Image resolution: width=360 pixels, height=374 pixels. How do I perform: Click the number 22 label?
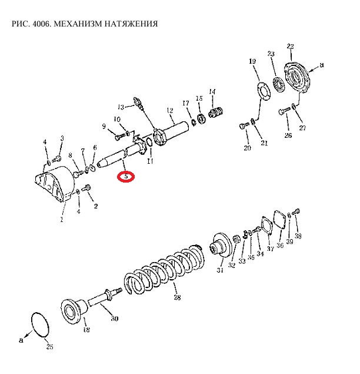290,47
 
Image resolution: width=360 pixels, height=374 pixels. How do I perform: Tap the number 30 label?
115,319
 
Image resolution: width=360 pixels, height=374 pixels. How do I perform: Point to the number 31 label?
220,270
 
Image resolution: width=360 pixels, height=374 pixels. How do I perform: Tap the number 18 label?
86,330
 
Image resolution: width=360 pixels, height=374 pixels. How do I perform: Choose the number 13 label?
121,107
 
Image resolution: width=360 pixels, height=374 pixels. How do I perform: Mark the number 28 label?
177,298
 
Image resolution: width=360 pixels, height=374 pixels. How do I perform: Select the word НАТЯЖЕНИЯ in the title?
129,24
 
